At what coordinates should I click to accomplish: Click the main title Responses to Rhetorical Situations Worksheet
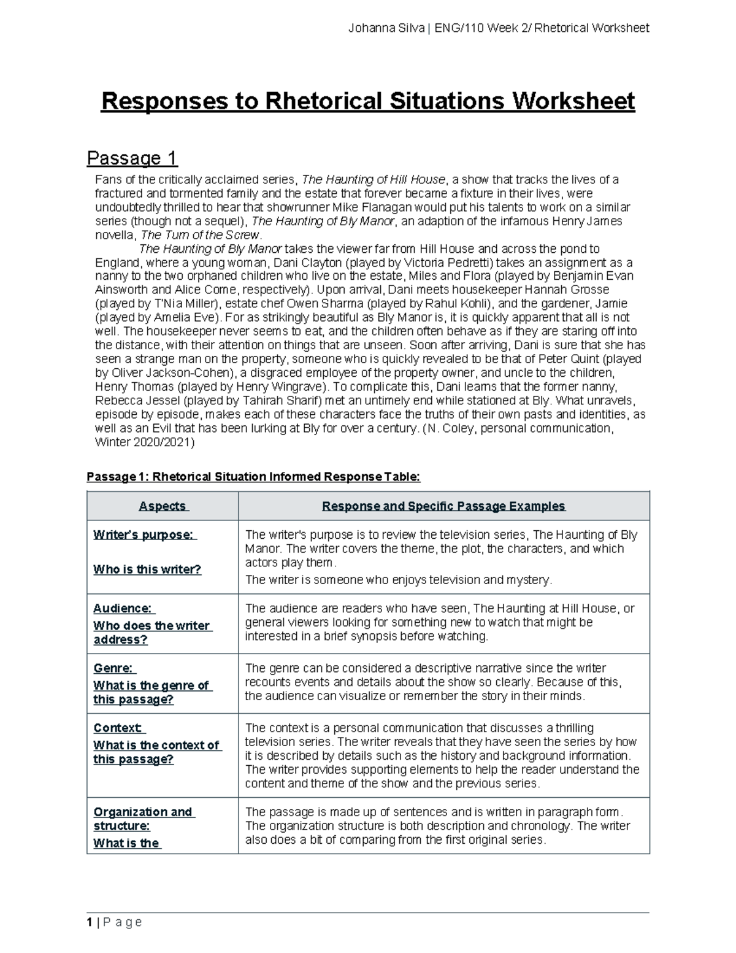(367, 101)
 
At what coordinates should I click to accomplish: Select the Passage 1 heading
(132, 158)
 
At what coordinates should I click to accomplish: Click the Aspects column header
(163, 506)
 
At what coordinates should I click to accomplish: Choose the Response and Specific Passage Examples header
(443, 506)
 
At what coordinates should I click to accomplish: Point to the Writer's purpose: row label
(145, 535)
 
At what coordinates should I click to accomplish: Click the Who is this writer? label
(147, 569)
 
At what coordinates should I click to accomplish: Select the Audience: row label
(123, 609)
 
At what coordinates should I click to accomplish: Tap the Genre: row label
(114, 668)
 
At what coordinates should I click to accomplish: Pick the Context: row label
(119, 728)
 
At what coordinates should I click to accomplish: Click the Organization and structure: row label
(143, 819)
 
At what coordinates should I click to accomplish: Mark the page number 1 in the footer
(90, 922)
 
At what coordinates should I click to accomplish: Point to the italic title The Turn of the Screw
(201, 235)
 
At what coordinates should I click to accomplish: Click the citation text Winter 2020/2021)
(145, 442)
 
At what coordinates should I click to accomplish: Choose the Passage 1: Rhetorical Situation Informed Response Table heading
(254, 477)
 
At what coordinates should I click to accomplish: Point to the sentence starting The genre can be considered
(425, 668)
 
